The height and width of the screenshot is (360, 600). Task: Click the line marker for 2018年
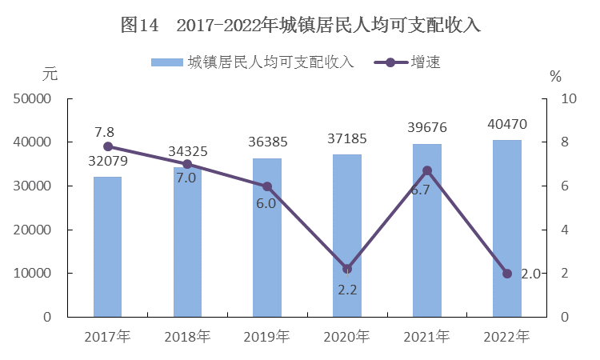tap(187, 164)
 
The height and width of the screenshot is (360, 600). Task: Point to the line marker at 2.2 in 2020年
tap(347, 269)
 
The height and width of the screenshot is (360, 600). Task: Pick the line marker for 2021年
tap(427, 170)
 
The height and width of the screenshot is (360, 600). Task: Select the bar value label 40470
tap(507, 125)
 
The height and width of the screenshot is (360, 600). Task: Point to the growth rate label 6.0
tap(266, 203)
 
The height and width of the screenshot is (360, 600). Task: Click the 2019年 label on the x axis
tap(267, 336)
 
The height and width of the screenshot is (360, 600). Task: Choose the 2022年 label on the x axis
tap(507, 336)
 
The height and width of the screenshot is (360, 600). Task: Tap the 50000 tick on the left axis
tap(32, 99)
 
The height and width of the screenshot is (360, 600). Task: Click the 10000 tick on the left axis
tap(32, 274)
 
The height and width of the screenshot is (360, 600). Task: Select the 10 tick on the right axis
tap(570, 99)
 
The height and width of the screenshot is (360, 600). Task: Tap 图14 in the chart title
tap(140, 25)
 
